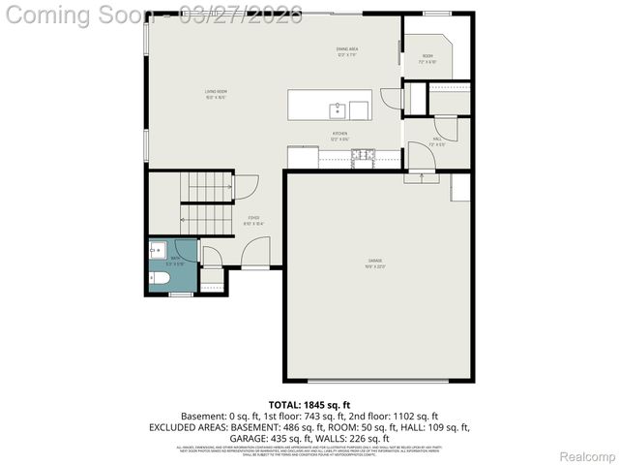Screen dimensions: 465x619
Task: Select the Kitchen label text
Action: (x=339, y=136)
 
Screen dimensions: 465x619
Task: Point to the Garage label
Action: (x=374, y=263)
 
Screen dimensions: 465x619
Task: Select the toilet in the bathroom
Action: (x=161, y=279)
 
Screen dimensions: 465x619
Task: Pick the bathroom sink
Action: (x=157, y=249)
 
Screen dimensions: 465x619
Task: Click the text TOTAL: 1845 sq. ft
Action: (x=309, y=403)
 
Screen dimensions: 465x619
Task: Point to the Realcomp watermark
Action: (x=587, y=456)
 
